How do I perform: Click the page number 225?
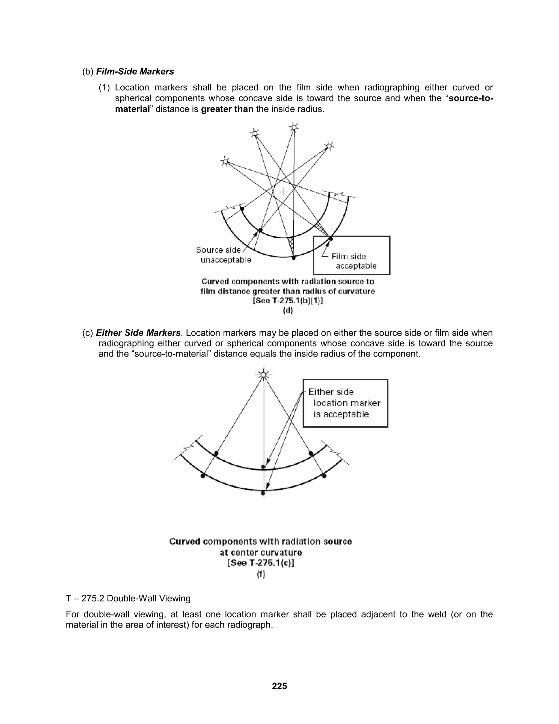(x=279, y=686)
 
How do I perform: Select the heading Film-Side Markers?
(x=135, y=71)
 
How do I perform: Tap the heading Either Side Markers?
(x=138, y=332)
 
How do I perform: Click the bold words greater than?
(x=227, y=109)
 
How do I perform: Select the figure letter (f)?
(x=261, y=574)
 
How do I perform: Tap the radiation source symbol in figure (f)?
(x=263, y=375)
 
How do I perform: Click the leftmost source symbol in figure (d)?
(x=225, y=161)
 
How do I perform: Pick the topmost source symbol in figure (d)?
(x=293, y=127)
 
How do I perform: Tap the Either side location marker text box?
(x=345, y=403)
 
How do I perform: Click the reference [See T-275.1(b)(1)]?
(x=288, y=301)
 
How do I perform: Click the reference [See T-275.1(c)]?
(x=261, y=563)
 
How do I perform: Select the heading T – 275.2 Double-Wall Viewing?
(x=128, y=598)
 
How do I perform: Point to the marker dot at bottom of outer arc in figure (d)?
(x=293, y=258)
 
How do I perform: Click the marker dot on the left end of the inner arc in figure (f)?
(x=216, y=453)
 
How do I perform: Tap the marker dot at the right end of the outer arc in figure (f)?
(x=324, y=476)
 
